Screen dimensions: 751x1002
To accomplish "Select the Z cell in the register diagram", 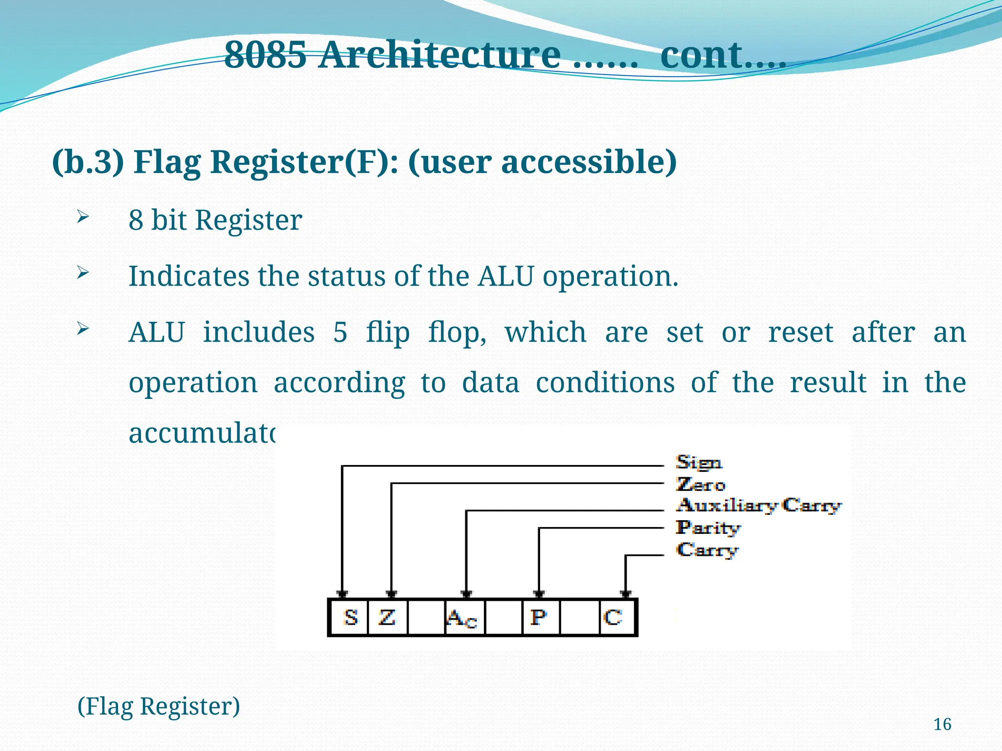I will [x=387, y=617].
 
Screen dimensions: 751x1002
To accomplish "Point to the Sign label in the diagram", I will [x=698, y=462].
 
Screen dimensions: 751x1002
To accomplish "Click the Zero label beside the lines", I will [x=700, y=484].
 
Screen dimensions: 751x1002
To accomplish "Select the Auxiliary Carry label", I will [x=758, y=505].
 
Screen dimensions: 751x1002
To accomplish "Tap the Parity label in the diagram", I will [x=707, y=528].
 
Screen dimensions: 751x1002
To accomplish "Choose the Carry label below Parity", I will [x=707, y=550].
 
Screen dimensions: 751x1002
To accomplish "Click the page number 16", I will [x=942, y=724].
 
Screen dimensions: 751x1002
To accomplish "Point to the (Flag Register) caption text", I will [x=159, y=707].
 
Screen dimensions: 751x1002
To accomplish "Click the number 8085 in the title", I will [x=266, y=55].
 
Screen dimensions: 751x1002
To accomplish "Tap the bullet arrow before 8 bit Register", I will [x=82, y=216].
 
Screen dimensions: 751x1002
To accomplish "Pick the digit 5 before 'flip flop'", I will [x=341, y=333].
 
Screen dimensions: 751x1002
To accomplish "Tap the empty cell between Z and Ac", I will [x=426, y=617].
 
